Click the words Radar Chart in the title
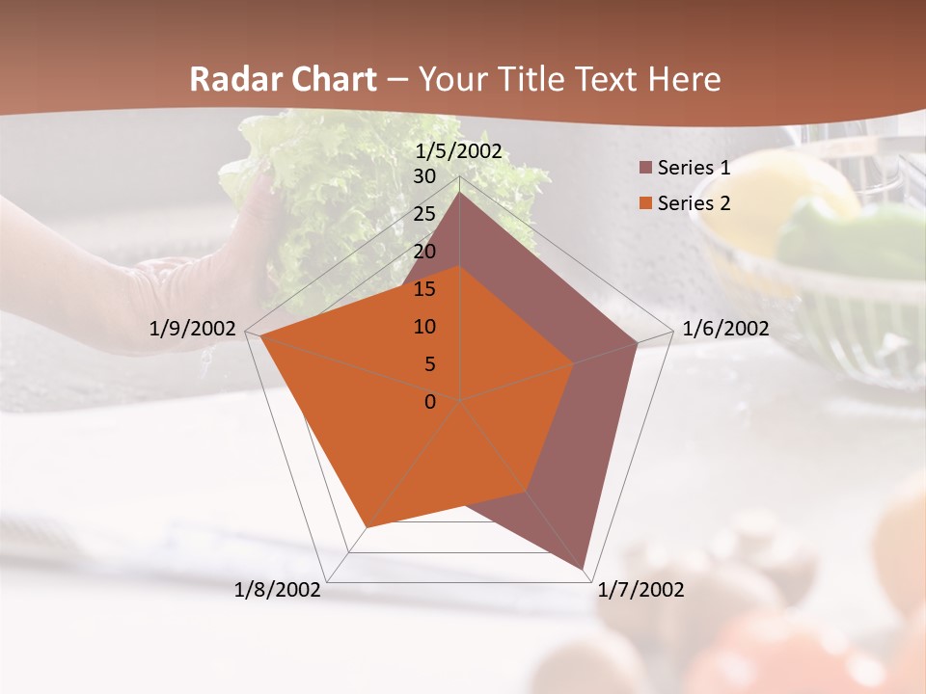coord(283,79)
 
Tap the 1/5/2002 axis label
coord(459,151)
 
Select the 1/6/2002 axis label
coord(725,329)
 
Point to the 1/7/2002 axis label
coord(640,590)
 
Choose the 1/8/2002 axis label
coord(278,590)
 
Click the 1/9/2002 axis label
coord(193,329)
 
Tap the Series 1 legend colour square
coord(646,168)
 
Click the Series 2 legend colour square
coord(646,203)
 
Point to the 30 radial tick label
coord(424,176)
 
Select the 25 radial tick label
coord(424,214)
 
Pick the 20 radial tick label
coord(424,252)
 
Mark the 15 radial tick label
coord(424,289)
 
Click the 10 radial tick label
coord(424,327)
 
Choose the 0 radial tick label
coord(430,402)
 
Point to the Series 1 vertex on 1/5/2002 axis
coord(460,193)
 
